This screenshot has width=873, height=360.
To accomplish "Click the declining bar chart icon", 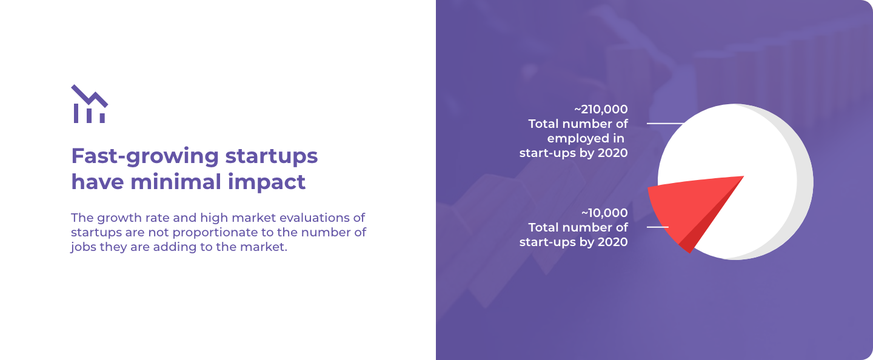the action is coord(89,104).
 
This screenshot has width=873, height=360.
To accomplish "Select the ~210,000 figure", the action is coord(601,109).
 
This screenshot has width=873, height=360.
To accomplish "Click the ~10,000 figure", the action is coord(604,213).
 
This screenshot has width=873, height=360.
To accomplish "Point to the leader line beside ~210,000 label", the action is coord(665,124).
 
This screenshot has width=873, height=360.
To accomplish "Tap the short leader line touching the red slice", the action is coord(657,227).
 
